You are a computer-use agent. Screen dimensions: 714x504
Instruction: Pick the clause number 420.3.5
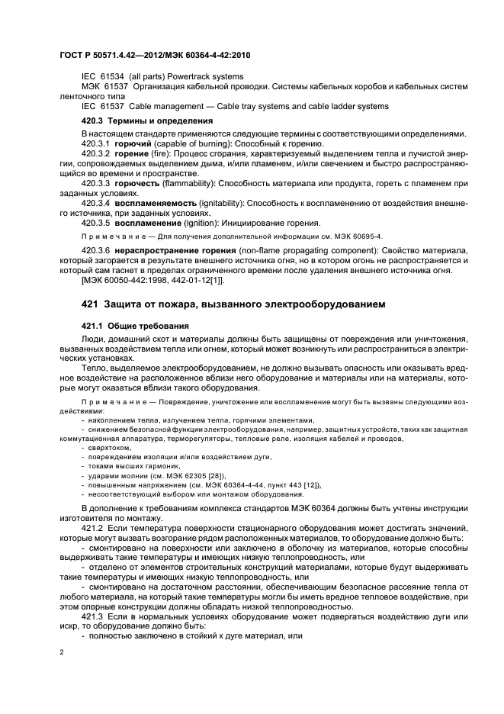[x=96, y=225]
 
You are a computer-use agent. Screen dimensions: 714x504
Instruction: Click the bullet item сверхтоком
[x=108, y=449]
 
